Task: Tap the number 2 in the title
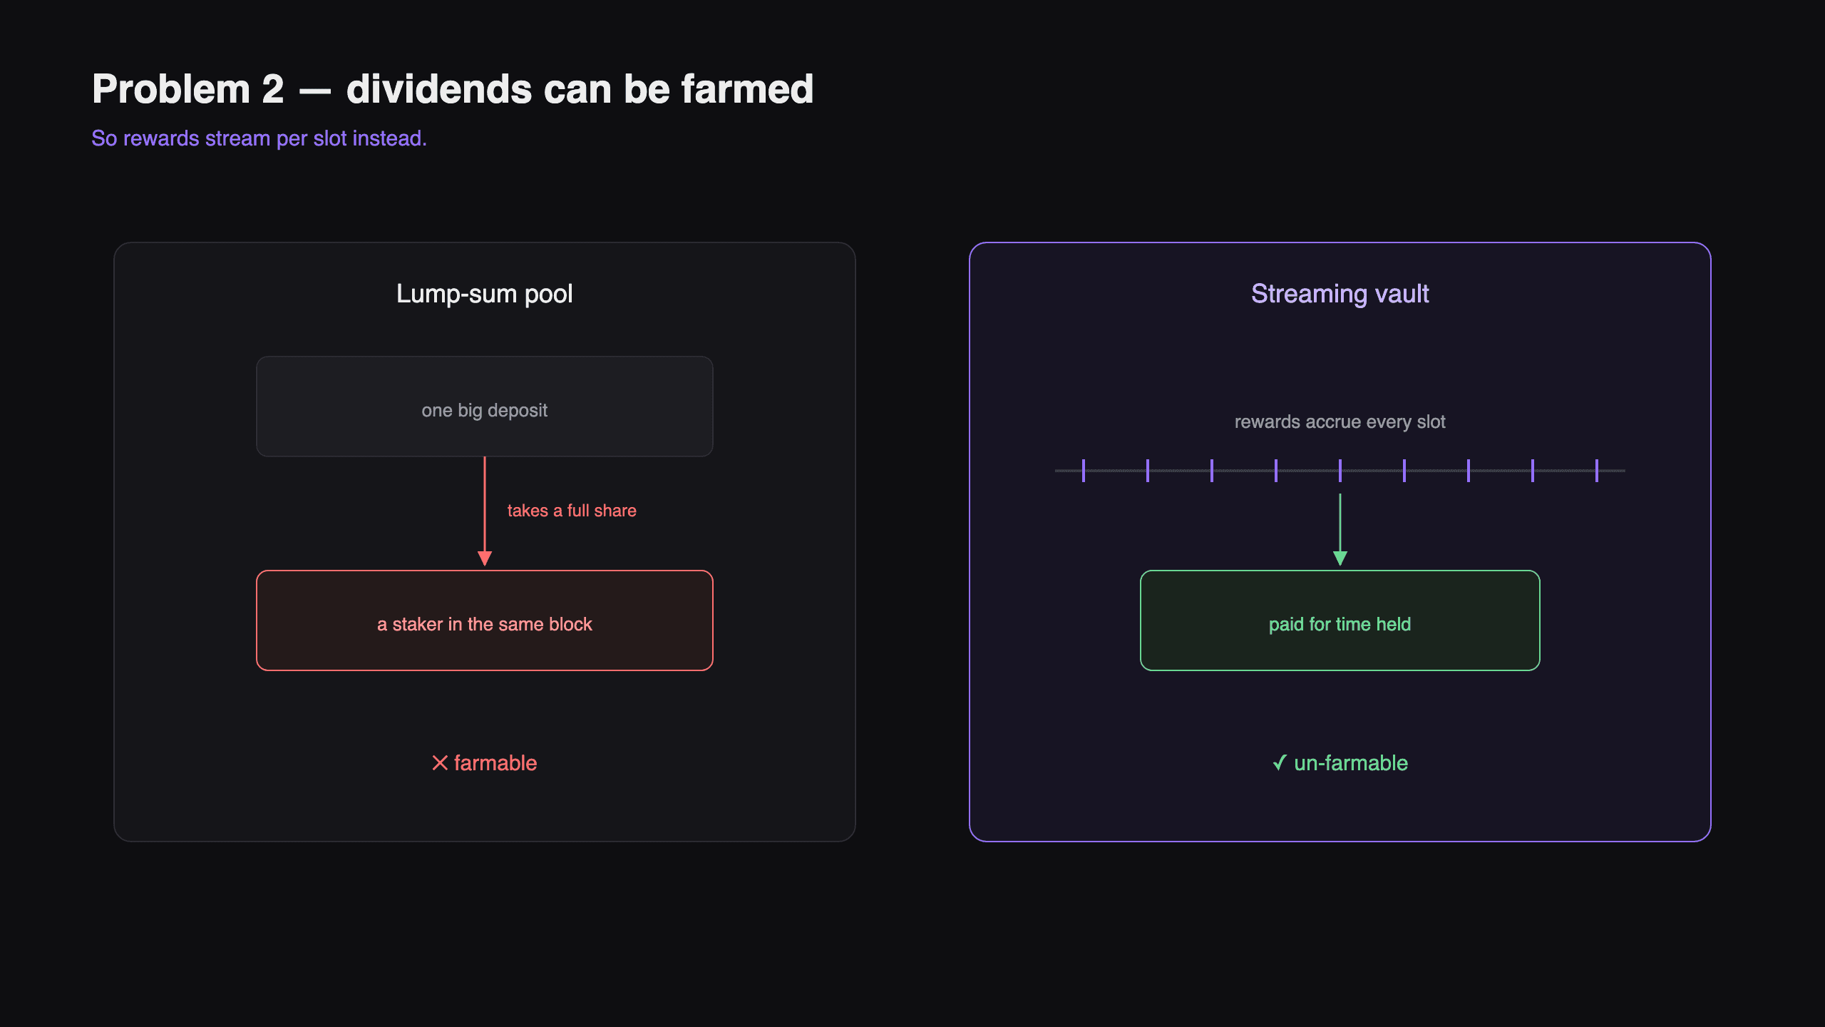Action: [x=272, y=90]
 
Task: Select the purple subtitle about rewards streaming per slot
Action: [x=259, y=138]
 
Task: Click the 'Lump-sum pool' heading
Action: [x=485, y=294]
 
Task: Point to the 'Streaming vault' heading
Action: [x=1340, y=294]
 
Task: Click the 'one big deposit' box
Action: [x=485, y=407]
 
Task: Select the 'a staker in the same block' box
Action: [x=485, y=620]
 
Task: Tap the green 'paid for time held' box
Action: [x=1340, y=620]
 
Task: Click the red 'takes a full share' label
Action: [x=572, y=511]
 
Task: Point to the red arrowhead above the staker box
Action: [x=485, y=558]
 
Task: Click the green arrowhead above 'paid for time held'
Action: [x=1340, y=558]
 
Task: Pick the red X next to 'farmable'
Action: [x=440, y=763]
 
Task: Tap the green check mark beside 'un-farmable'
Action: [x=1280, y=763]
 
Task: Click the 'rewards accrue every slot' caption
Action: [x=1340, y=422]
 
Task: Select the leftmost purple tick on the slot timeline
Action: [x=1084, y=471]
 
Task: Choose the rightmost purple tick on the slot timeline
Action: [x=1597, y=471]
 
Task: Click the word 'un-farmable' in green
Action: [x=1351, y=763]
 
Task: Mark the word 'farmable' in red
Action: [x=495, y=763]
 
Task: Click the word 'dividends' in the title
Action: [x=439, y=89]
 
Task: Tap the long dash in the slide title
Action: [x=315, y=92]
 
